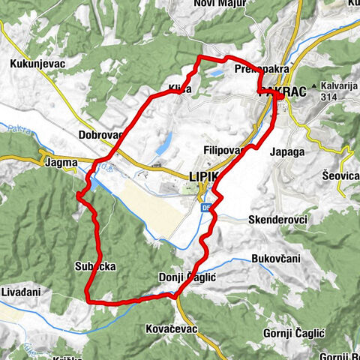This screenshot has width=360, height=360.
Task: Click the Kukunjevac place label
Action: [x=37, y=64]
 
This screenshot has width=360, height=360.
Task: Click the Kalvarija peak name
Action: [x=335, y=86]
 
